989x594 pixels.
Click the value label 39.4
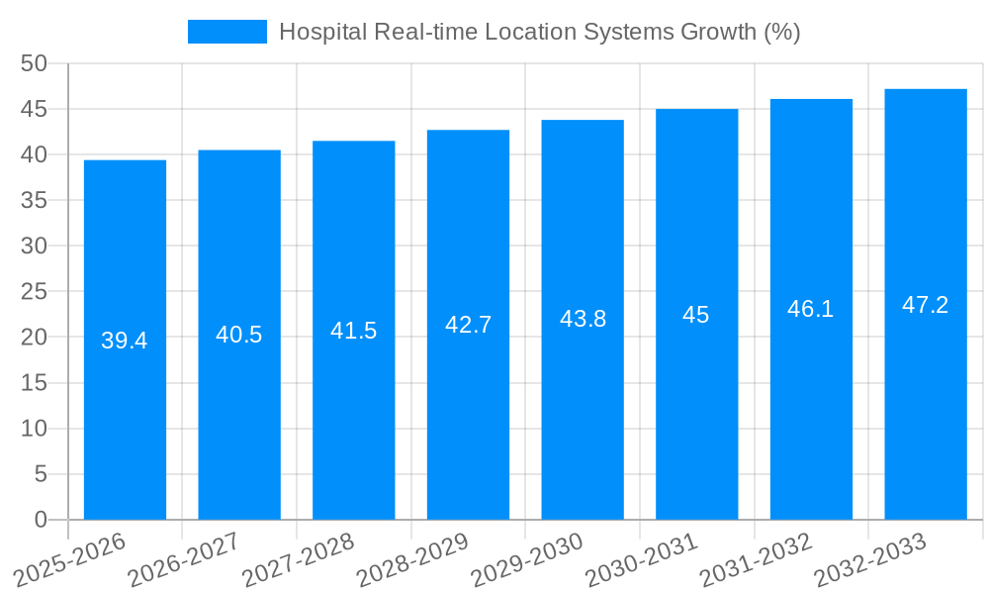(x=125, y=341)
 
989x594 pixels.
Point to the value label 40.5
(x=239, y=335)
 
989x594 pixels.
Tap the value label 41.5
(x=354, y=331)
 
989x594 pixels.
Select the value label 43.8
(x=583, y=319)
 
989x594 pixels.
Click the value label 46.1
(x=811, y=309)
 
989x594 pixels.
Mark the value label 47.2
(x=926, y=305)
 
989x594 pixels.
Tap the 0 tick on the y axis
(x=41, y=520)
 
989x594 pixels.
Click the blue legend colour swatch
(x=227, y=32)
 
